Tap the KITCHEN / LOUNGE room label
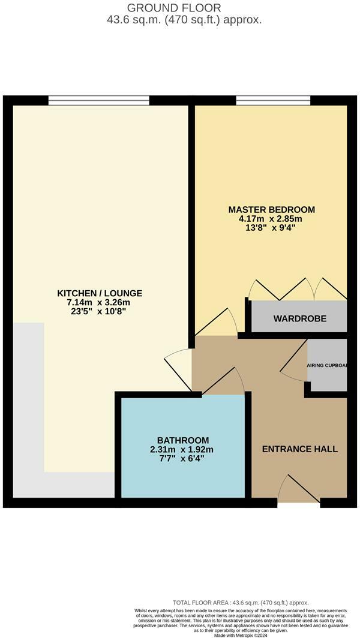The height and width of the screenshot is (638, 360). [x=100, y=293]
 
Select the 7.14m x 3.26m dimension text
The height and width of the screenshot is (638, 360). [x=100, y=302]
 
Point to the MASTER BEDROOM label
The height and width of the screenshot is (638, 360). [x=272, y=210]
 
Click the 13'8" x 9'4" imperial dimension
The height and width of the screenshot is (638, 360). [x=272, y=228]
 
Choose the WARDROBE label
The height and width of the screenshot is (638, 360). [x=300, y=318]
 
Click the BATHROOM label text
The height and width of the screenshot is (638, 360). [x=183, y=440]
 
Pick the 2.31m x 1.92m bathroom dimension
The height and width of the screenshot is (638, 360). [x=183, y=449]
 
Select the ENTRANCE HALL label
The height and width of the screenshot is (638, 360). [x=300, y=449]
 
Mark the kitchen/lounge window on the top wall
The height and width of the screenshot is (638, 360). [x=99, y=100]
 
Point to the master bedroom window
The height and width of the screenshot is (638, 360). [x=273, y=100]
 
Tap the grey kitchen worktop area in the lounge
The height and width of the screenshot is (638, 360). [x=28, y=408]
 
